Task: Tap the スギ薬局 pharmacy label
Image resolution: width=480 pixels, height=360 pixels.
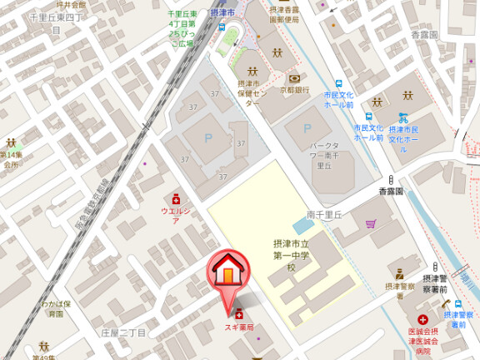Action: (x=239, y=327)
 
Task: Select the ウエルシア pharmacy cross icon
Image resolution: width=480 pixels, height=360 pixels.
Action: (x=176, y=199)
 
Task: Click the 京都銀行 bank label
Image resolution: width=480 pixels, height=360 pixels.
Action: (x=294, y=90)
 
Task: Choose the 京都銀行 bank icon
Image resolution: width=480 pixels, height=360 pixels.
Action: (x=294, y=77)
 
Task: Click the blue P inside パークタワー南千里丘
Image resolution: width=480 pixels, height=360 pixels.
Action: (x=307, y=128)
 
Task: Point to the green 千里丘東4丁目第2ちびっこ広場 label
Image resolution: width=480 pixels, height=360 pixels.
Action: (x=181, y=30)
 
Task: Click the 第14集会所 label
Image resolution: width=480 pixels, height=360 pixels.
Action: (x=10, y=160)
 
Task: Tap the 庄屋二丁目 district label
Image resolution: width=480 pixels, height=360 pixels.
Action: (x=123, y=332)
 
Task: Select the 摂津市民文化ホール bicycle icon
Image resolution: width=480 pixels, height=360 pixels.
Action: (x=403, y=118)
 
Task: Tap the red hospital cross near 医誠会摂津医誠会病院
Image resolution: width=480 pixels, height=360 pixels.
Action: (x=423, y=320)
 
